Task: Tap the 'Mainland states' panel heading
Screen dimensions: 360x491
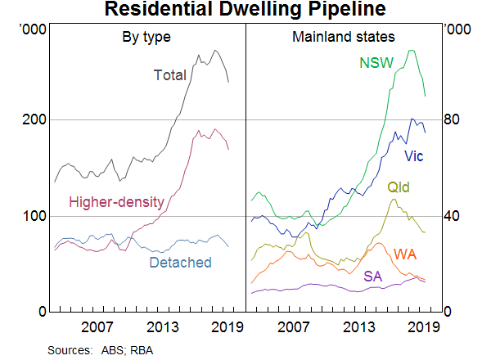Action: (344, 37)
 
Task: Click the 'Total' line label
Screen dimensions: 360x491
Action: (170, 75)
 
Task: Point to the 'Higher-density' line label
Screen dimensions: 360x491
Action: (117, 202)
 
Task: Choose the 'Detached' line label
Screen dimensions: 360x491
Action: (180, 263)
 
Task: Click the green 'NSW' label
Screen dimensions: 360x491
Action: (376, 63)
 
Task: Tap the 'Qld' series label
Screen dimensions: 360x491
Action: (398, 188)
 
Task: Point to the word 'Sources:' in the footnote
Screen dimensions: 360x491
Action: (70, 349)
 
